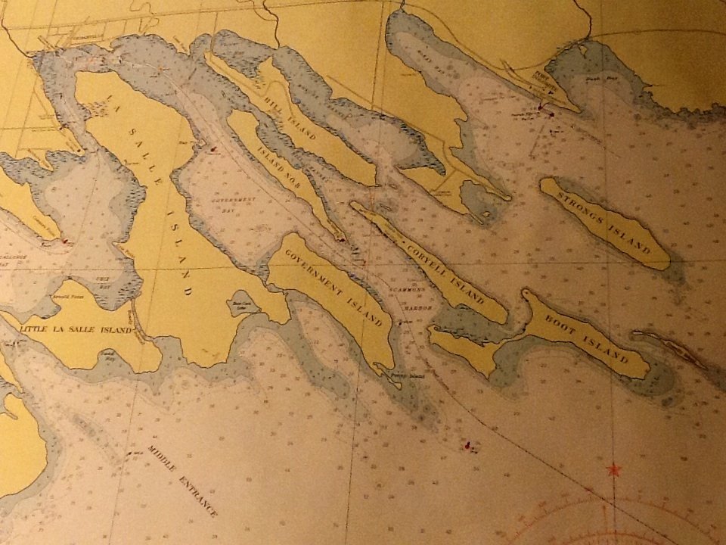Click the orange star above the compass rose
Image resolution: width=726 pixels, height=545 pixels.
[x=613, y=470]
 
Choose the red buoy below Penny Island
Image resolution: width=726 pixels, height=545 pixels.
[x=469, y=445]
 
